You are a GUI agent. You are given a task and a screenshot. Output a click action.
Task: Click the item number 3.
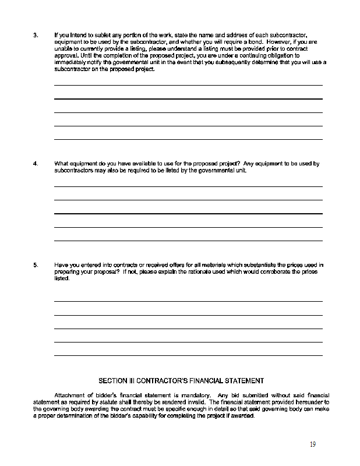click(x=36, y=36)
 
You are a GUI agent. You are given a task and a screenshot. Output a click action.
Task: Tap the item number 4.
click(x=36, y=164)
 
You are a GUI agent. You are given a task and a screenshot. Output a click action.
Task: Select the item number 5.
click(x=36, y=265)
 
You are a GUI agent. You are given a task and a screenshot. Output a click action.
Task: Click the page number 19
click(x=313, y=444)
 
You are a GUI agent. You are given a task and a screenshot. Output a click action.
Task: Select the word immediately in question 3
click(x=72, y=62)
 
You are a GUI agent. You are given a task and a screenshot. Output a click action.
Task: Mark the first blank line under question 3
click(x=188, y=86)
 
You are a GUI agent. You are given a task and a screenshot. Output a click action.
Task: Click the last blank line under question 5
click(x=188, y=355)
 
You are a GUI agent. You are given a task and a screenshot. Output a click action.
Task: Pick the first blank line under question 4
click(x=188, y=186)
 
